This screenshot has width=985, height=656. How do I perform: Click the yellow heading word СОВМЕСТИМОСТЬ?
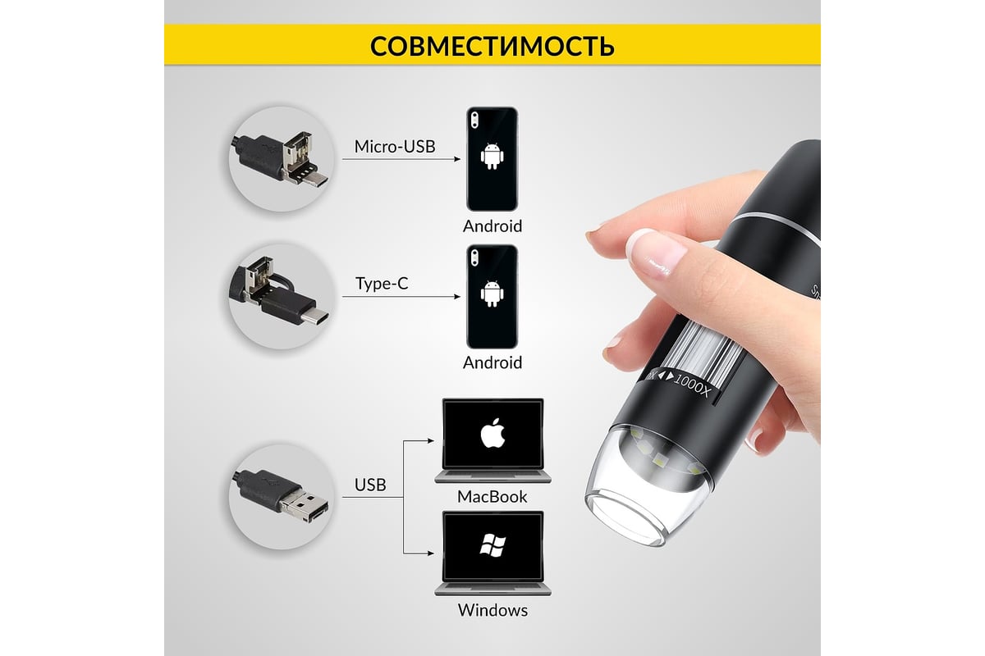click(492, 45)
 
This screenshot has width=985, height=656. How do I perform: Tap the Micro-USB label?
click(395, 146)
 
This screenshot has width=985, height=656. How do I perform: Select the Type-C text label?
click(382, 284)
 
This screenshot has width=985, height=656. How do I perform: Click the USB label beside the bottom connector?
click(370, 485)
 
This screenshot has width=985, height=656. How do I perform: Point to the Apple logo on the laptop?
click(493, 433)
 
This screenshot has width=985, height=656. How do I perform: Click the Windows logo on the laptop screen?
click(492, 545)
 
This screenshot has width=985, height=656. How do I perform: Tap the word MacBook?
click(492, 496)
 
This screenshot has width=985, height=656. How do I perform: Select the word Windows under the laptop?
click(492, 610)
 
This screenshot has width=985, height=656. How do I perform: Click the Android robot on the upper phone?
click(492, 156)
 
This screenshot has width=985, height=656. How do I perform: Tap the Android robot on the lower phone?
click(492, 293)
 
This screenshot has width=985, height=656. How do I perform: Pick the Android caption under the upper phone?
click(492, 226)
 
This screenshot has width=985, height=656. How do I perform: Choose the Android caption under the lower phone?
click(492, 363)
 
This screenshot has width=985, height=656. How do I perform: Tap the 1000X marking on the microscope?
click(692, 385)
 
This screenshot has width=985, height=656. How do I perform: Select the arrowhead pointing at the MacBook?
click(431, 440)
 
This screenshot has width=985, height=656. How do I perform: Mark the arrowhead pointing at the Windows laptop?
click(431, 553)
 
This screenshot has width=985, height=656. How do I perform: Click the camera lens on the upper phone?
click(474, 120)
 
